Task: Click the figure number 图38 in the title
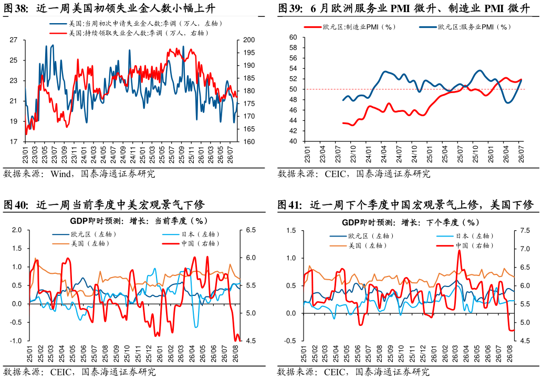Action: point(15,8)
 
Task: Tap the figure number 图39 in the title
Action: point(290,8)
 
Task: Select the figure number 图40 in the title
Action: point(15,205)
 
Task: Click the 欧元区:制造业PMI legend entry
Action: point(349,27)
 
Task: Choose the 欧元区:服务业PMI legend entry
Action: point(465,27)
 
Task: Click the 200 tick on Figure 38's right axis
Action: point(249,40)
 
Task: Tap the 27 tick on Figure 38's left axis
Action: point(14,40)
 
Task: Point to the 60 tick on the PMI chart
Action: point(293,37)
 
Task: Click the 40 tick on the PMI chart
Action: point(293,141)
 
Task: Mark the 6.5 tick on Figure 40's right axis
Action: point(251,230)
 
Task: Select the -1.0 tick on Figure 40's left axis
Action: point(16,341)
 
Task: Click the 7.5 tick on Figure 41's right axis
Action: point(525,231)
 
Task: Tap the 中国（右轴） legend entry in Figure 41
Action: point(465,245)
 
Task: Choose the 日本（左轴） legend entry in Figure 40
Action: point(191,234)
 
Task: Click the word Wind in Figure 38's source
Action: point(60,173)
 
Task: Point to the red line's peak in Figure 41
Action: point(460,250)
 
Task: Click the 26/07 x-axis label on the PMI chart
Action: point(522,154)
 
